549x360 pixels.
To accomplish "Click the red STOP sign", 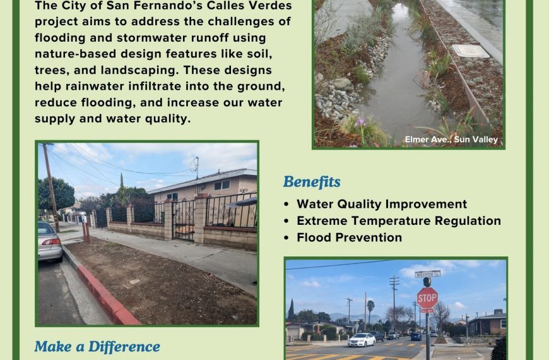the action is click(427, 298).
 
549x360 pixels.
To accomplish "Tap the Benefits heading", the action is click(312, 181).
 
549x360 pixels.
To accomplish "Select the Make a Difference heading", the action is click(97, 346).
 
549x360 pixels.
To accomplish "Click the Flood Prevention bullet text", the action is click(349, 237).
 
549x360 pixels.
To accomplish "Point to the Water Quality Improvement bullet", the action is click(382, 204).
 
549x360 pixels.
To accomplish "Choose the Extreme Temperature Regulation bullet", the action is click(399, 221).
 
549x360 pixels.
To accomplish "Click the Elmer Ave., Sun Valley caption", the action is click(451, 140).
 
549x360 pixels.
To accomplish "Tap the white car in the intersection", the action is click(362, 340).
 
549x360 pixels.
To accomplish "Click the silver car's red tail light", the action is click(51, 242).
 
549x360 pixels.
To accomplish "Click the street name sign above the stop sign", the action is click(427, 274).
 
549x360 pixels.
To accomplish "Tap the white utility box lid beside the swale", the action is click(470, 51).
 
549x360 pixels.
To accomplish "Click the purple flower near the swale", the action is click(360, 122).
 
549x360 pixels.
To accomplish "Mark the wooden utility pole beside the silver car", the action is click(51, 187).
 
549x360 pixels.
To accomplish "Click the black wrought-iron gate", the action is click(183, 220).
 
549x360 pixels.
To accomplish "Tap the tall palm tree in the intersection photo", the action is click(370, 311).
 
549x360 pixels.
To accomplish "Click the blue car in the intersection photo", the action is click(416, 337).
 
